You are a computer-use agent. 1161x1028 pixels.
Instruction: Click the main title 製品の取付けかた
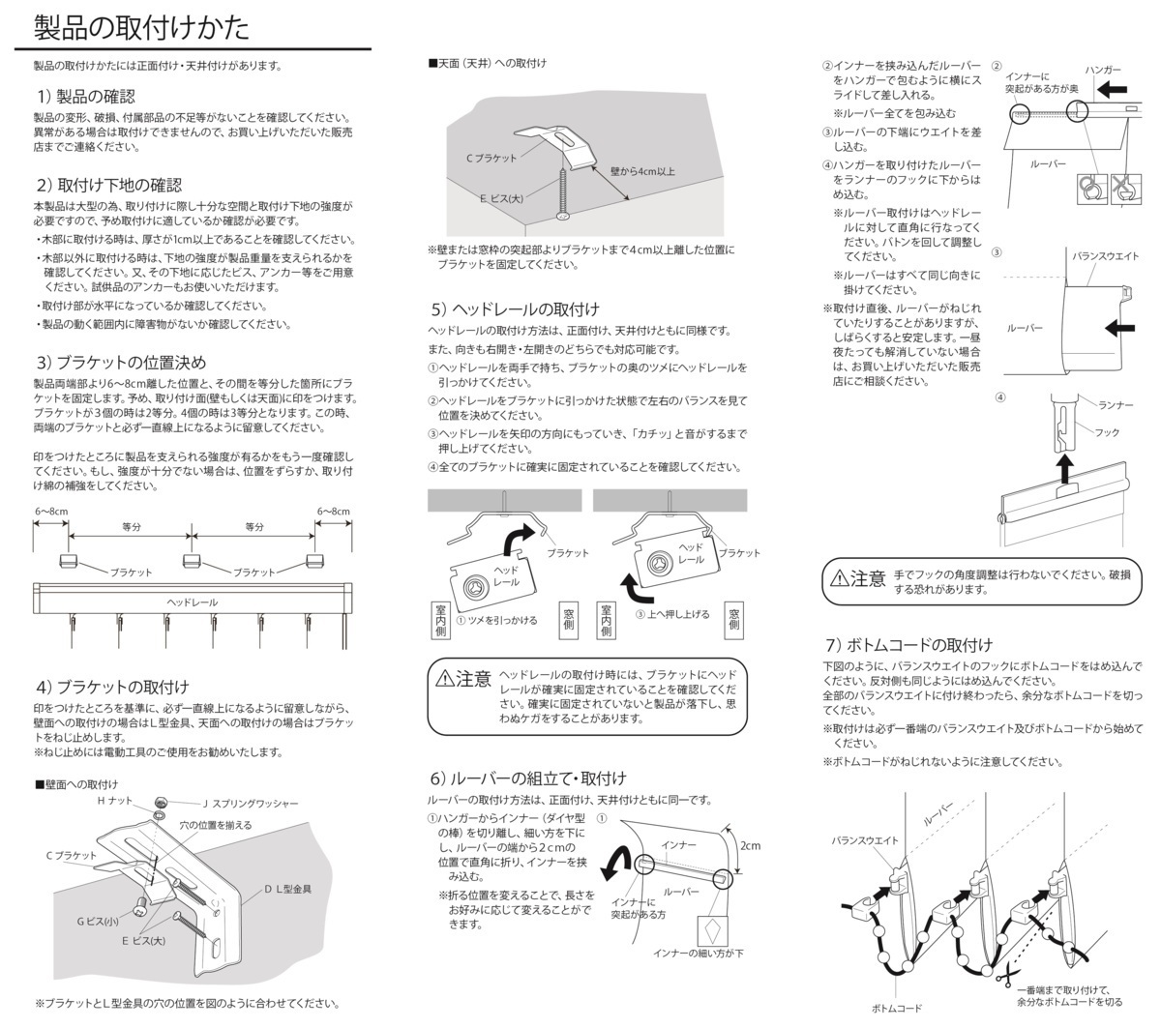tap(141, 27)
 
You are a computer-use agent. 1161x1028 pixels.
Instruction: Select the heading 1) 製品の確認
tap(86, 97)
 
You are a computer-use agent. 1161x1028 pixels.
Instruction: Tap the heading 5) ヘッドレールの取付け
tap(515, 309)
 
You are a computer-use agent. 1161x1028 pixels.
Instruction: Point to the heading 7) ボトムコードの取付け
tap(908, 645)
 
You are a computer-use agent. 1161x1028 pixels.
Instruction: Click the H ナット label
tap(114, 801)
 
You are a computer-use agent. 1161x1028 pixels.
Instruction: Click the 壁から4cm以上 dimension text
tap(642, 171)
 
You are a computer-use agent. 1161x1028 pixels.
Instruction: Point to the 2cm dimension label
tap(750, 845)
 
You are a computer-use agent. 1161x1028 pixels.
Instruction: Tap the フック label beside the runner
tap(1107, 432)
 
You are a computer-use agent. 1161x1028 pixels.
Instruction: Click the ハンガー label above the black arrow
tap(1103, 71)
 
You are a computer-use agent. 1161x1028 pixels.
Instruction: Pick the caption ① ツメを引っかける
tap(496, 620)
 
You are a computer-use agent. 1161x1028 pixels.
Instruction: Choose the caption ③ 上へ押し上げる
tap(671, 614)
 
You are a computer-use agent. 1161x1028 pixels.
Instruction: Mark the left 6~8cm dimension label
tap(51, 512)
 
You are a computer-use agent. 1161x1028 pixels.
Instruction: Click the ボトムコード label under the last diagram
tap(896, 1009)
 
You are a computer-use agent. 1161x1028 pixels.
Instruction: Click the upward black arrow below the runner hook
tap(1064, 469)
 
